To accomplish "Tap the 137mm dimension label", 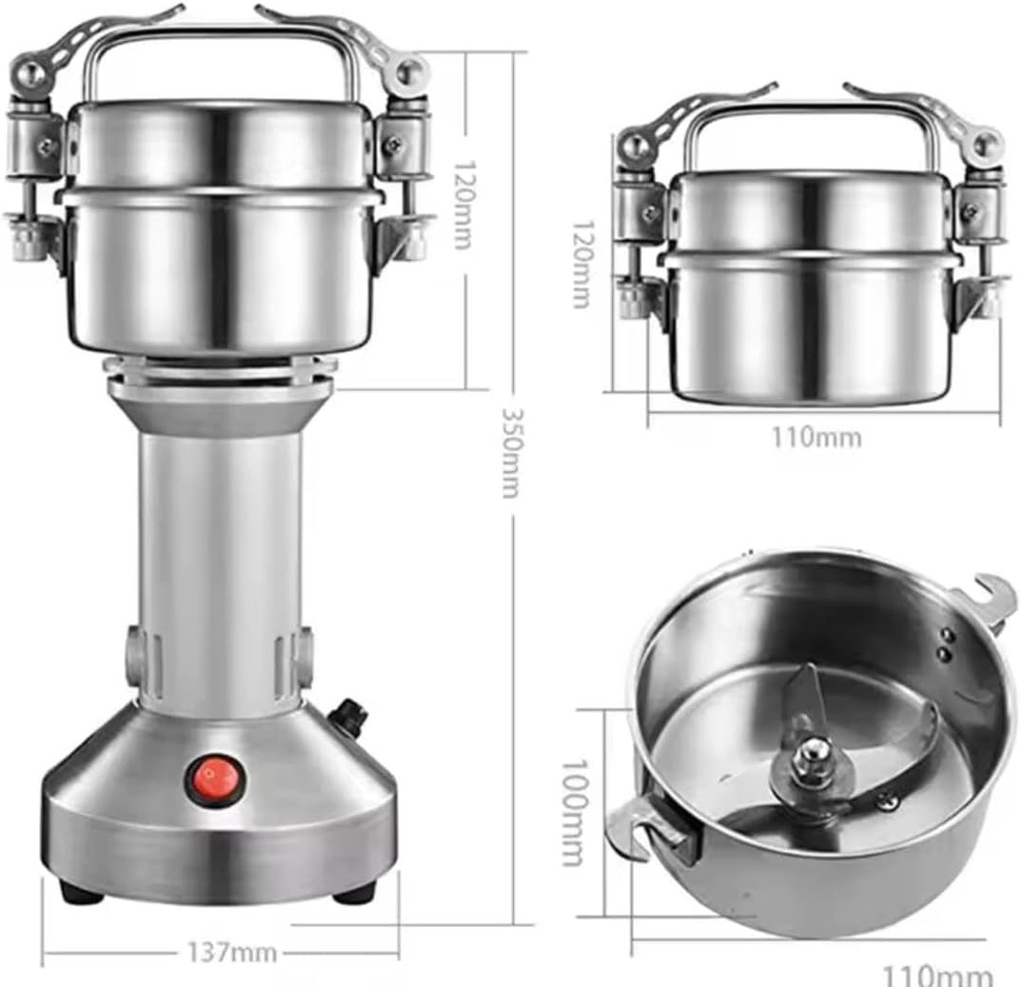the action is click(x=232, y=954).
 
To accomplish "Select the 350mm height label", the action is click(x=512, y=453).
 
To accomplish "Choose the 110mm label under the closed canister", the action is click(x=817, y=436).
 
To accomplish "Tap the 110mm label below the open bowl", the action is click(x=938, y=976).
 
